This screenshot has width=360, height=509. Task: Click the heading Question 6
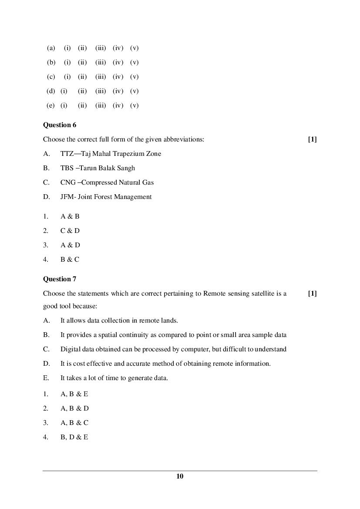[60, 125]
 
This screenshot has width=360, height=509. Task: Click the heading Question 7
[60, 279]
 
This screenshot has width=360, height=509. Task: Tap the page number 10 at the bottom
[180, 476]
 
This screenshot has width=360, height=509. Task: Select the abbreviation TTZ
[67, 154]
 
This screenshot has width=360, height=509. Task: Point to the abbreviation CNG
[68, 182]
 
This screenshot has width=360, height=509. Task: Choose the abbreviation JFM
[67, 197]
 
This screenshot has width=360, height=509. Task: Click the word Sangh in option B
[126, 168]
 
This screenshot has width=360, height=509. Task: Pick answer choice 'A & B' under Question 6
[70, 216]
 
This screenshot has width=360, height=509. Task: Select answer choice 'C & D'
[70, 231]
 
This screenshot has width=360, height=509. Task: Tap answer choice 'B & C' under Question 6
[70, 260]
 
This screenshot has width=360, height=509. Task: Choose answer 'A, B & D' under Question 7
[74, 408]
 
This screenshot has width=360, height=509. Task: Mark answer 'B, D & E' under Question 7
[74, 437]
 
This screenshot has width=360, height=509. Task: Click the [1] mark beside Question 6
[312, 139]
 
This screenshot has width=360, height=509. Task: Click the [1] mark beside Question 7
[312, 293]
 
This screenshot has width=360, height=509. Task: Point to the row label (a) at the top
[51, 48]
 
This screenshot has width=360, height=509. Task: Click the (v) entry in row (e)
[134, 105]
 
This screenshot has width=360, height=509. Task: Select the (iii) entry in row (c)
[101, 77]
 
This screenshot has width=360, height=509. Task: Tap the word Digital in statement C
[70, 349]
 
